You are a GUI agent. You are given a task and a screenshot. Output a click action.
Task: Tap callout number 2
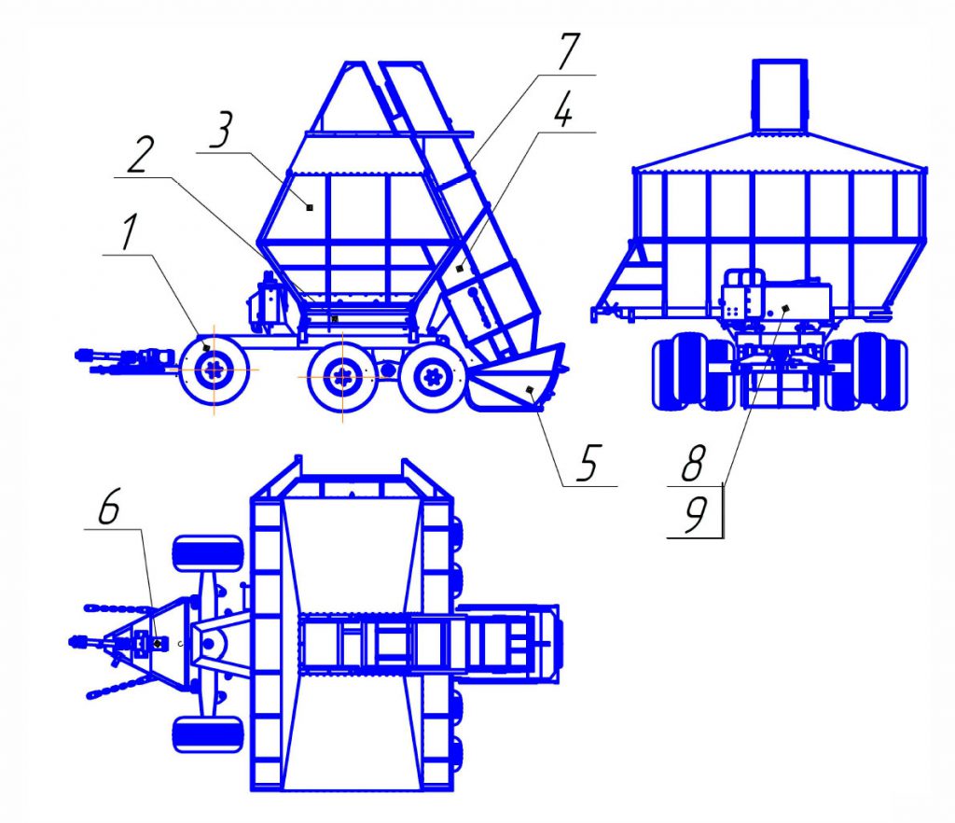click(141, 155)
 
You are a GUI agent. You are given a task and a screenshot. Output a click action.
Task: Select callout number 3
click(220, 130)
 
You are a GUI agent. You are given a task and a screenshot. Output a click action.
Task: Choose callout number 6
click(110, 505)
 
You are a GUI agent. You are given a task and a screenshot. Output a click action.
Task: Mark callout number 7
click(567, 51)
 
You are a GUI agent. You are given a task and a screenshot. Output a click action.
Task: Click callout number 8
click(694, 463)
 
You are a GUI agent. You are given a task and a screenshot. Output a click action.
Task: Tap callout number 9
click(695, 515)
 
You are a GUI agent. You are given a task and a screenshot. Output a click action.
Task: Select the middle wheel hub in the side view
click(342, 377)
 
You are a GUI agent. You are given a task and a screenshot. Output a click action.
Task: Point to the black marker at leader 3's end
click(310, 208)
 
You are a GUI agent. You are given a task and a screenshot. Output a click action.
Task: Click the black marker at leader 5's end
click(530, 390)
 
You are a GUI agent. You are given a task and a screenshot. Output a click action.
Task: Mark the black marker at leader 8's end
click(785, 308)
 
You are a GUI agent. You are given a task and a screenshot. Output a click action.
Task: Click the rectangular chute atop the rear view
click(780, 95)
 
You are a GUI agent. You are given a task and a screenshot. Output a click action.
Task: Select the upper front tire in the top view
click(208, 553)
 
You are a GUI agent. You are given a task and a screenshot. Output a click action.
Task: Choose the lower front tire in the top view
click(208, 734)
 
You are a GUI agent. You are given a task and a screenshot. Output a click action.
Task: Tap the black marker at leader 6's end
click(158, 643)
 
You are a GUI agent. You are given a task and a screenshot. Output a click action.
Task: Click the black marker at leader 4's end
click(459, 268)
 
